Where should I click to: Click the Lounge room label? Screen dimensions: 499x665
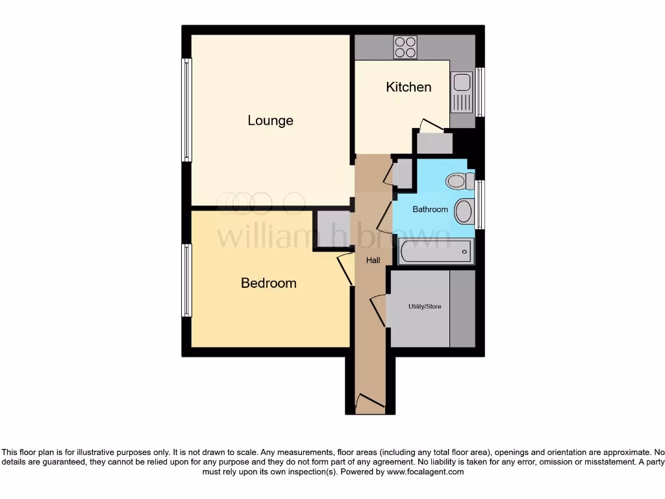pyautogui.click(x=270, y=120)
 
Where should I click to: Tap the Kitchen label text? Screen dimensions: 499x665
pyautogui.click(x=408, y=87)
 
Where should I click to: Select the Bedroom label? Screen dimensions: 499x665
pyautogui.click(x=268, y=283)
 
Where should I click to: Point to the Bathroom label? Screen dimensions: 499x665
pyautogui.click(x=430, y=209)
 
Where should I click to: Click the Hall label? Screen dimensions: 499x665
pyautogui.click(x=373, y=260)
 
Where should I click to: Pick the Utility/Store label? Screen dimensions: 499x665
pyautogui.click(x=425, y=306)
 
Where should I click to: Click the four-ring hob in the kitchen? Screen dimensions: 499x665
pyautogui.click(x=406, y=46)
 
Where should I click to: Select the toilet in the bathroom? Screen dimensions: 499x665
pyautogui.click(x=460, y=181)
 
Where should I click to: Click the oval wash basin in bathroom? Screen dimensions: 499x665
pyautogui.click(x=464, y=211)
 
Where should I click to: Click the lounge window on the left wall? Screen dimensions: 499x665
pyautogui.click(x=187, y=109)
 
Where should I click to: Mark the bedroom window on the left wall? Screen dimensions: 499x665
pyautogui.click(x=187, y=280)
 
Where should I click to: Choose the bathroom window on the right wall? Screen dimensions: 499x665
pyautogui.click(x=480, y=205)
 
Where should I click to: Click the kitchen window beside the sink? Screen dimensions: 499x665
pyautogui.click(x=480, y=92)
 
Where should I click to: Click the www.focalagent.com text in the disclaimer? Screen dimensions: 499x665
pyautogui.click(x=425, y=472)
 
